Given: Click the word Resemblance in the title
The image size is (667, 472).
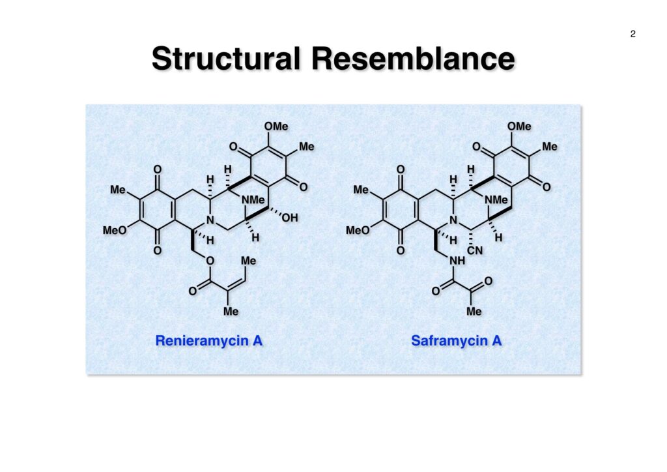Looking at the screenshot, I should [x=412, y=59].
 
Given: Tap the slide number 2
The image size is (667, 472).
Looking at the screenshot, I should [x=632, y=35].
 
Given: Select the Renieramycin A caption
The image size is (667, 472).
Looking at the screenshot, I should [x=208, y=340].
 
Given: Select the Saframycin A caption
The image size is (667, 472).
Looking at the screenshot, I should [x=456, y=340].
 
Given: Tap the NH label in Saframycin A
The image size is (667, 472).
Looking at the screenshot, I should [x=457, y=261].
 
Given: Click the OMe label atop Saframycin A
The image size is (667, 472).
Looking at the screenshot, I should [x=519, y=126].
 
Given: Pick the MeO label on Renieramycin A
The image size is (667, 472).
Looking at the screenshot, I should [x=114, y=230].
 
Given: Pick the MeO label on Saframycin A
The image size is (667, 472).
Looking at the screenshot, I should [x=358, y=230].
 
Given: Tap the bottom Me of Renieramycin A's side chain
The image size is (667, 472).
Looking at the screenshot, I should [x=231, y=312].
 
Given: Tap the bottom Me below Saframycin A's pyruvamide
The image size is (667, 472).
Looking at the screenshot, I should [x=474, y=312].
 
